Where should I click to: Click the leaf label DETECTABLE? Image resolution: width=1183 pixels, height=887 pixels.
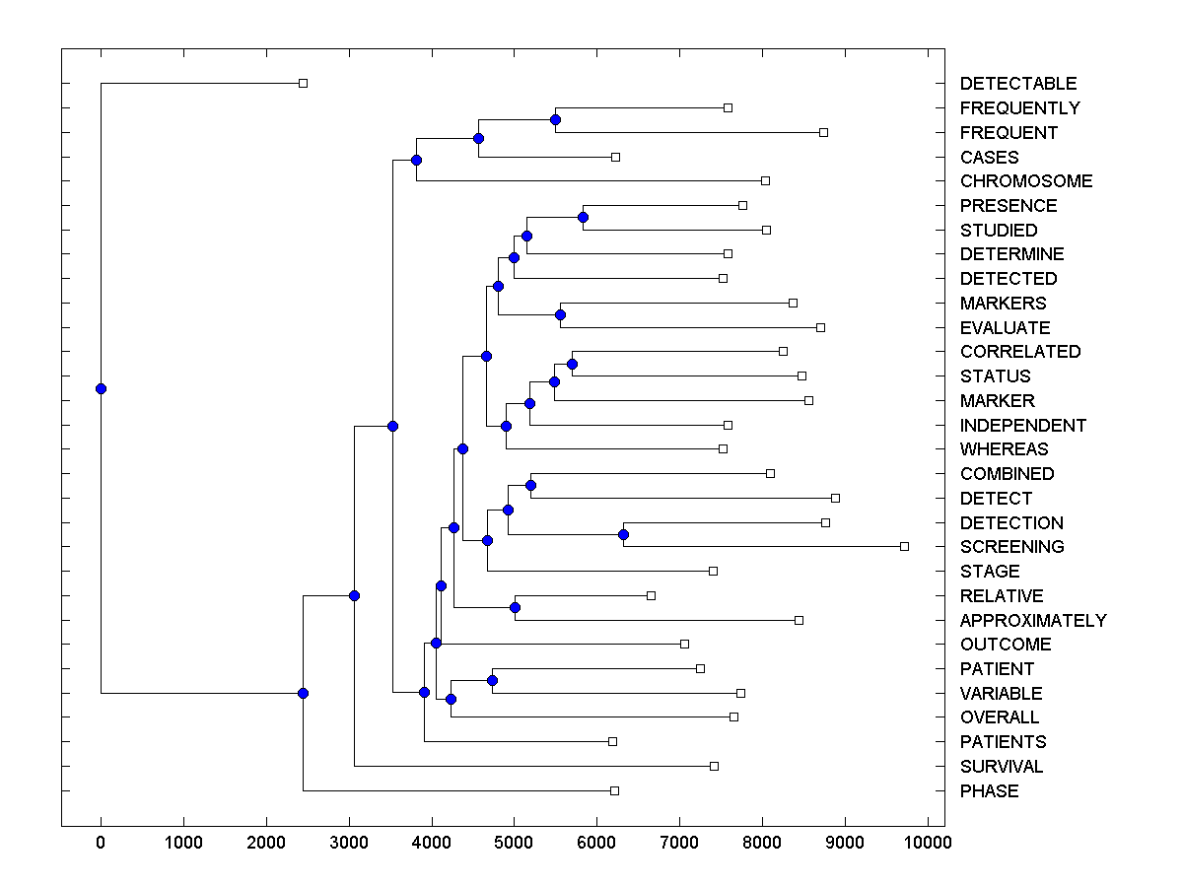click(1017, 84)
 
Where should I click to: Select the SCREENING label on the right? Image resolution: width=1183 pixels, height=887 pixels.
click(1011, 547)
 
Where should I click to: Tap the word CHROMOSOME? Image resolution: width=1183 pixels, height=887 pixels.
click(1025, 181)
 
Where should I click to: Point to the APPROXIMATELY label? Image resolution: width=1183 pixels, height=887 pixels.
click(1032, 621)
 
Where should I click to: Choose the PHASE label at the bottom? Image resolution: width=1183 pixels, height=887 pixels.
click(989, 791)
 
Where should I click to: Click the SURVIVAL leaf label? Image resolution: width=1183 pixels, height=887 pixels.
click(1001, 767)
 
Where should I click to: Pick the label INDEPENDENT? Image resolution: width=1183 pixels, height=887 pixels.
click(1022, 426)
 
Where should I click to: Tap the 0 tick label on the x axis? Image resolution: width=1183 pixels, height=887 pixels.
click(101, 842)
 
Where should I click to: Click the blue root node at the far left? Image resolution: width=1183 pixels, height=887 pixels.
click(101, 388)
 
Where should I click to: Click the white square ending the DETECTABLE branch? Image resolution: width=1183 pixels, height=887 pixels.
click(303, 83)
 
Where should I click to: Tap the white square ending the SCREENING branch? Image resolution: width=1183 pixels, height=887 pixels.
click(904, 546)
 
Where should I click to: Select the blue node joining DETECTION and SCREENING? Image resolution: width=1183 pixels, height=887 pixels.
click(623, 534)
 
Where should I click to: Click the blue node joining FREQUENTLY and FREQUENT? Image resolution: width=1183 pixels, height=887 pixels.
click(555, 119)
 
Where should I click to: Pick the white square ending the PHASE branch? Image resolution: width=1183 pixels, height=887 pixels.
click(614, 790)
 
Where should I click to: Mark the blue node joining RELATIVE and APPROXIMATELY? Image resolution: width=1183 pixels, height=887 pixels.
click(515, 607)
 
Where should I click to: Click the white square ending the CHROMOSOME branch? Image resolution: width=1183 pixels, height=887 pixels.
click(765, 180)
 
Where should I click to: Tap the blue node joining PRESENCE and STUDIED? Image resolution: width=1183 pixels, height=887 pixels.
click(583, 217)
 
